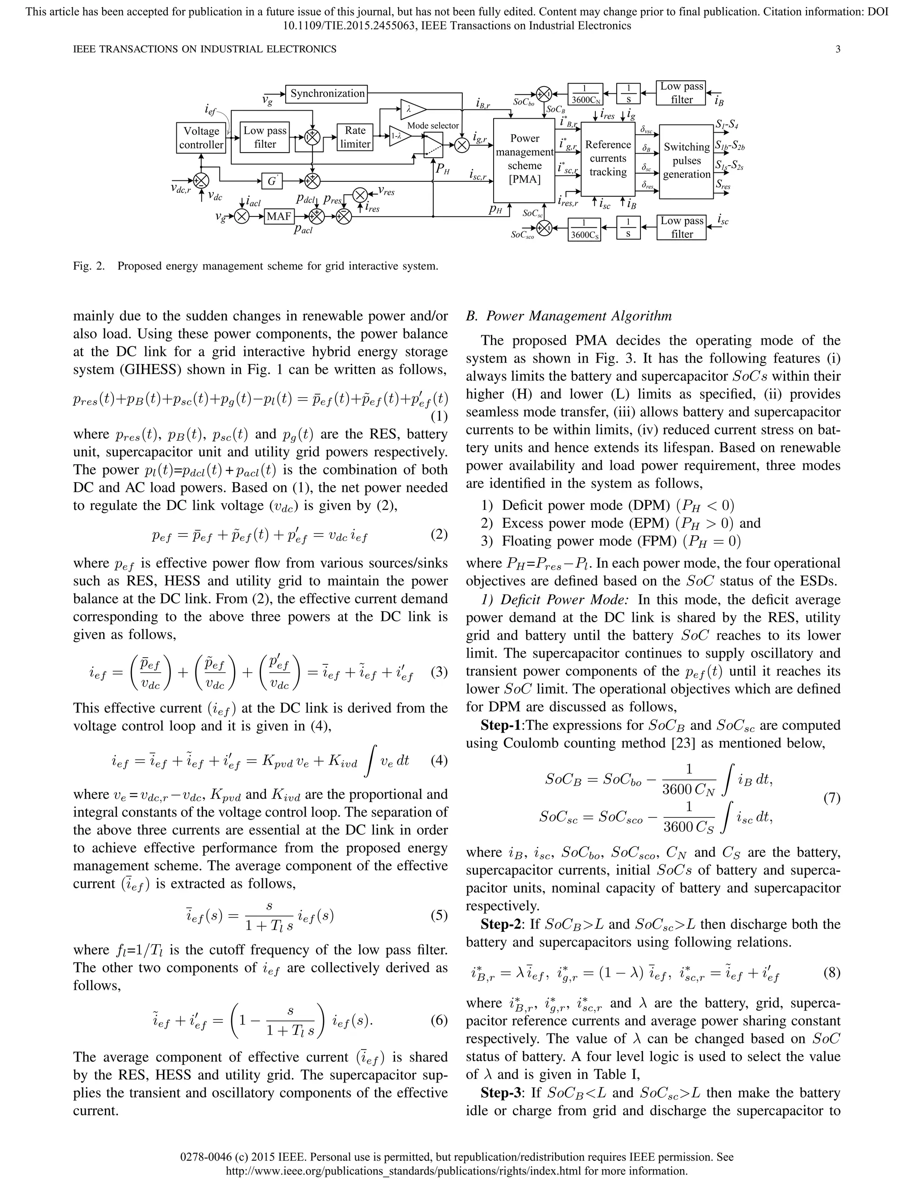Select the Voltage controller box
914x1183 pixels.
click(201, 137)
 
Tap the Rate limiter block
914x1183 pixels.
click(355, 137)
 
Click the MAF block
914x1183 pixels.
click(279, 217)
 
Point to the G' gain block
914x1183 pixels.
click(272, 181)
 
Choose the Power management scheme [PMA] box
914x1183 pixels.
click(524, 159)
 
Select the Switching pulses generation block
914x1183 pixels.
click(686, 161)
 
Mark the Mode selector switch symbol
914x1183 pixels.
click(433, 145)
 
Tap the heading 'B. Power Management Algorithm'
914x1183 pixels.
click(569, 316)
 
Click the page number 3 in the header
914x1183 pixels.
click(838, 49)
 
